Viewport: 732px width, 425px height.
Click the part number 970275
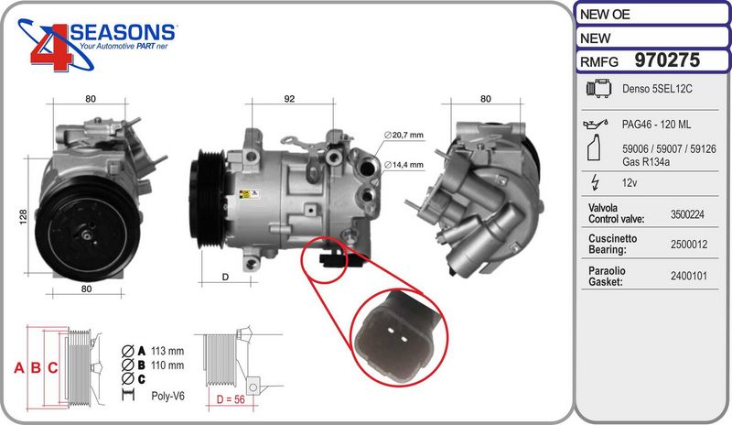pyautogui.click(x=667, y=60)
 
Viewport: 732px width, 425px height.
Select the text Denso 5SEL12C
pyautogui.click(x=657, y=89)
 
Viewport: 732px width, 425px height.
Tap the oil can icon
pyautogui.click(x=596, y=124)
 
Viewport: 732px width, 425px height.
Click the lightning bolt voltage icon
pyautogui.click(x=596, y=182)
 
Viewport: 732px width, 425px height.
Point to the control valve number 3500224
pyautogui.click(x=687, y=214)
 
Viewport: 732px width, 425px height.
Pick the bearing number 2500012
pyautogui.click(x=689, y=244)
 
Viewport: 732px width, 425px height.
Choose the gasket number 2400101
pyautogui.click(x=689, y=276)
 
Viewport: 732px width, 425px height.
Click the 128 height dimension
pyautogui.click(x=24, y=216)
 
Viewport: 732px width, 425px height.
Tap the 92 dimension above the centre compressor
pyautogui.click(x=289, y=99)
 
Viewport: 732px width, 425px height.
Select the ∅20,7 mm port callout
pyautogui.click(x=404, y=136)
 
